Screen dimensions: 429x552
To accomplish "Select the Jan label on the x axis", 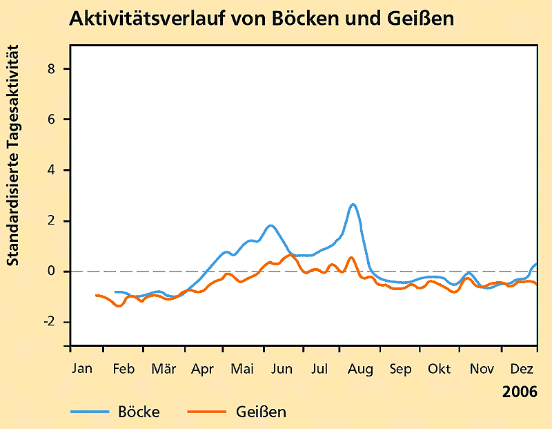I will pyautogui.click(x=81, y=370).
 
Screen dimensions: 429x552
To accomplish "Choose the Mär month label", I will pyautogui.click(x=163, y=370).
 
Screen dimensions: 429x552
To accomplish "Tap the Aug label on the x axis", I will pyautogui.click(x=359, y=370).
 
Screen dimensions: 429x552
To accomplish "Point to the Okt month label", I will pyautogui.click(x=439, y=370).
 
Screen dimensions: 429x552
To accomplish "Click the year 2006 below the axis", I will pyautogui.click(x=520, y=392).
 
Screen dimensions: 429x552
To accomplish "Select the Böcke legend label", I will pyautogui.click(x=139, y=412).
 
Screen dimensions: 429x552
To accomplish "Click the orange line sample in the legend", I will pyautogui.click(x=208, y=412).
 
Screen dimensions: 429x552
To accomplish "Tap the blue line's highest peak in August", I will pyautogui.click(x=353, y=204).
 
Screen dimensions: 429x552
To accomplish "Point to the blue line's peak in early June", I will pyautogui.click(x=270, y=225).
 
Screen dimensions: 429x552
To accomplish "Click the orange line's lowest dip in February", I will pyautogui.click(x=119, y=305).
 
